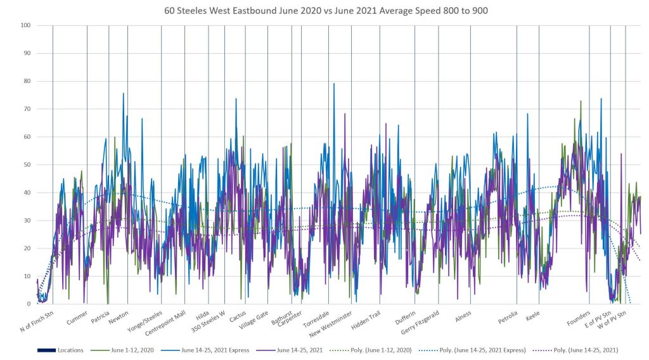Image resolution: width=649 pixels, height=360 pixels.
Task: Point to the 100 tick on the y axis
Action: (25, 25)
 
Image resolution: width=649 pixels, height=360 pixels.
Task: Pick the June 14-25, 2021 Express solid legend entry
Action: (204, 350)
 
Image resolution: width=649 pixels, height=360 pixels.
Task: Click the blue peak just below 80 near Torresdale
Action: (334, 84)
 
